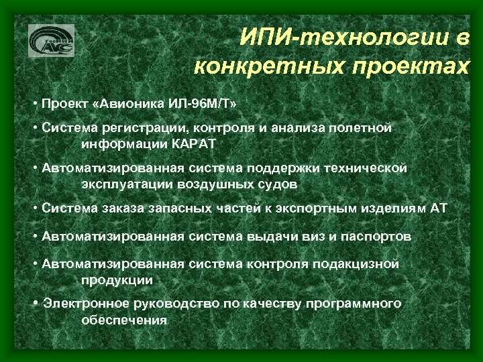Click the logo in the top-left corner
[x=51, y=41]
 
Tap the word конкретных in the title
[x=269, y=67]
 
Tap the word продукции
[x=117, y=280]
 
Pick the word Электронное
[x=83, y=304]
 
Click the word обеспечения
[x=123, y=320]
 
